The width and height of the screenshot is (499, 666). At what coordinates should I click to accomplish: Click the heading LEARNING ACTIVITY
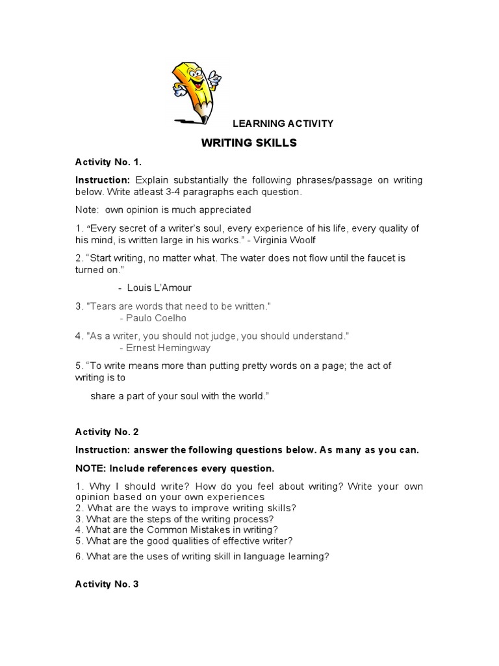283,124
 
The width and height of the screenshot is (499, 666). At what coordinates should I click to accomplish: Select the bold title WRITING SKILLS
249,143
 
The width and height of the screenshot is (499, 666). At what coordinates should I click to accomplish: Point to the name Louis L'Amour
159,287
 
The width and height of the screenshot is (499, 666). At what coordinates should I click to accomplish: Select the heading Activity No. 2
107,432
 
